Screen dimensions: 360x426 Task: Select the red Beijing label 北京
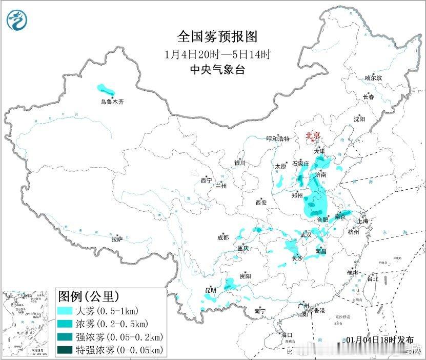pyautogui.click(x=313, y=135)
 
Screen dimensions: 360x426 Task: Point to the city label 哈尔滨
pyautogui.click(x=373, y=78)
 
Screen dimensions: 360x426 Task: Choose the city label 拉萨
pyautogui.click(x=117, y=239)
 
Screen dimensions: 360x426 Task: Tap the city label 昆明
pyautogui.click(x=211, y=290)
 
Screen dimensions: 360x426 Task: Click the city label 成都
pyautogui.click(x=223, y=237)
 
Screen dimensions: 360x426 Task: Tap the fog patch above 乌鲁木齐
pyautogui.click(x=104, y=88)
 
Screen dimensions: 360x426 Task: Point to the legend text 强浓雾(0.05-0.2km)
pyautogui.click(x=119, y=337)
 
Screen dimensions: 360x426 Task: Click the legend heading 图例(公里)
pyautogui.click(x=89, y=296)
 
